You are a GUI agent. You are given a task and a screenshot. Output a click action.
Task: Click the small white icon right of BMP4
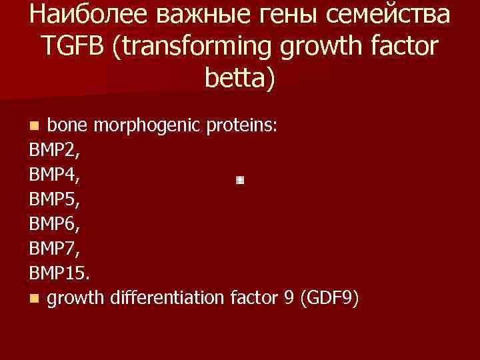pyautogui.click(x=240, y=180)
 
